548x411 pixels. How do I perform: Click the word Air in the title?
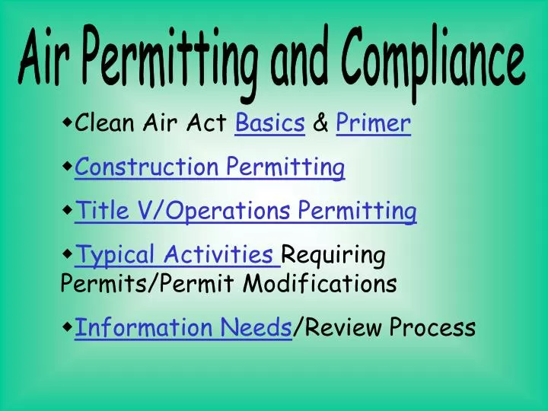coord(47,63)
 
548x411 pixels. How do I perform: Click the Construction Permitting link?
coord(210,166)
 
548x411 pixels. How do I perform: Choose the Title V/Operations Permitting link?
coord(246,210)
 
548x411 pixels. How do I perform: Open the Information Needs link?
coord(183,327)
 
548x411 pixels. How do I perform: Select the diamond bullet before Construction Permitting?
coord(68,164)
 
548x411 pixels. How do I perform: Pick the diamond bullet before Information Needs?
coord(68,326)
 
